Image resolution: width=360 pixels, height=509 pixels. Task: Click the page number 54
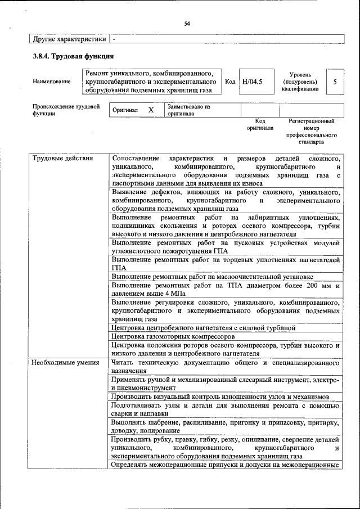coord(187,23)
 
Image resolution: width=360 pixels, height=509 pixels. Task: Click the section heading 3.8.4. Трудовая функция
coord(74,56)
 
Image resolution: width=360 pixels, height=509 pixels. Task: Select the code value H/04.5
coord(251,82)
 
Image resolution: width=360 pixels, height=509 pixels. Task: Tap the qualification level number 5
coord(335,82)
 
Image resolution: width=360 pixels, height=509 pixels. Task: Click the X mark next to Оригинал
coord(151,110)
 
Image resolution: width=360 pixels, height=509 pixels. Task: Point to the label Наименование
coord(52,82)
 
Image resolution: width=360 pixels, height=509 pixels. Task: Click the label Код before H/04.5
coord(229,82)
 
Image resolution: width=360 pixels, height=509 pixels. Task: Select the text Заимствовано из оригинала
coord(188,110)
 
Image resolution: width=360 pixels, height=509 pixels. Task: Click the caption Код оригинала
coord(259,124)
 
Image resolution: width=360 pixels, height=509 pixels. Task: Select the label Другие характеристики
coord(70,39)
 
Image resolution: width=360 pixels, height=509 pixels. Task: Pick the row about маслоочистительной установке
coord(212,277)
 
